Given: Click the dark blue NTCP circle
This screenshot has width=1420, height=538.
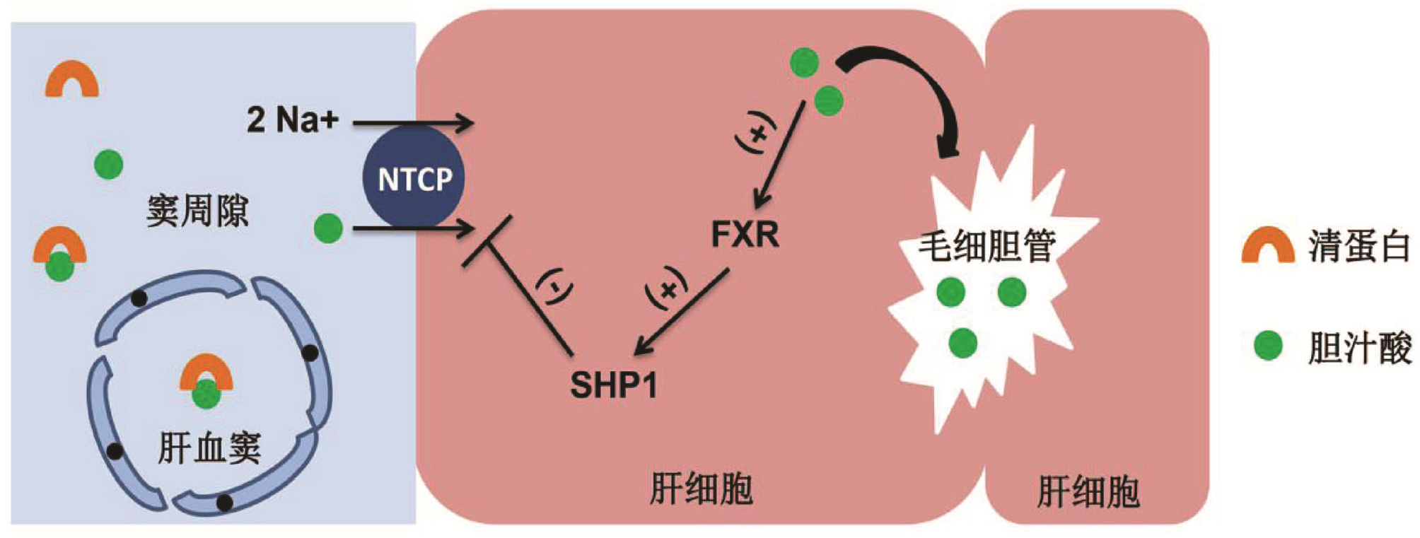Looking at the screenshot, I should coord(414,178).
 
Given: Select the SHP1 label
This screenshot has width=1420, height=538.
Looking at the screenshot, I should coord(614,385).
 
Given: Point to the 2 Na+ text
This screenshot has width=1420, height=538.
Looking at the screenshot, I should coord(292,119).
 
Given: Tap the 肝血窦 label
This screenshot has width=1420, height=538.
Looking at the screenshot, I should coord(209,448).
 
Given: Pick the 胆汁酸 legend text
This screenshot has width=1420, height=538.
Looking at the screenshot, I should coord(1358,348).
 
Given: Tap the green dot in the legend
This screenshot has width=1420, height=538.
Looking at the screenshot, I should coord(1268,346).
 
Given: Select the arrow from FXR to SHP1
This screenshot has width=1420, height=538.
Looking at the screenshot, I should coord(682,311).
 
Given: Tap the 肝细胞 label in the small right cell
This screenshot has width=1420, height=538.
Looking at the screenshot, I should coord(1088,492).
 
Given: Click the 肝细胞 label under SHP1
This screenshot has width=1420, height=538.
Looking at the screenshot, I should coord(701,489).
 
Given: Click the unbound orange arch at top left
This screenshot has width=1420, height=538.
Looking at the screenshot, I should coord(71,79).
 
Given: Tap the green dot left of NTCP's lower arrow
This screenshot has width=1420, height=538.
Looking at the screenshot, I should coord(327,228).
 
